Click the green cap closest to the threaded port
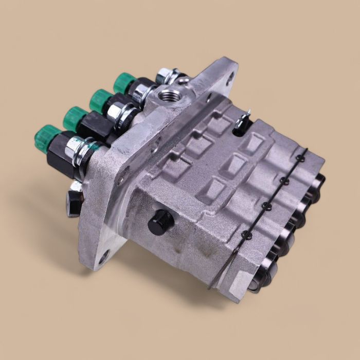click(123, 82)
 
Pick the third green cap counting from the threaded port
click(75, 118)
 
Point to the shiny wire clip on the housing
click(244, 119)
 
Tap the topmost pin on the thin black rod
click(300, 159)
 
